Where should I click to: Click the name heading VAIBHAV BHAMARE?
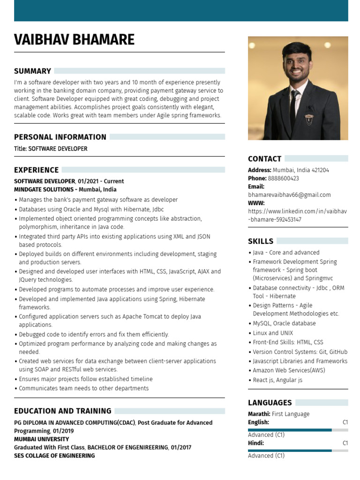coord(74,39)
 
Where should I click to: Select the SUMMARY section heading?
coord(32,71)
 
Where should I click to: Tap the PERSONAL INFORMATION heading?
coord(60,137)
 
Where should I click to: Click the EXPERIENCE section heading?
coord(36,170)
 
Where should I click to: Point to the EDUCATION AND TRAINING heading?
coord(62,411)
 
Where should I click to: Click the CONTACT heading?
coord(264,159)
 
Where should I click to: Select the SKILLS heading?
coord(260,241)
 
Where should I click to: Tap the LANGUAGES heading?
coord(270,403)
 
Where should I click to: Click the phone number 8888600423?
coord(283,179)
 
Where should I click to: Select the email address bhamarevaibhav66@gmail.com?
coord(289,195)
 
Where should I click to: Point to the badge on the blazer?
coord(309,120)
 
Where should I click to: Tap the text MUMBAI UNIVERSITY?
coord(41,439)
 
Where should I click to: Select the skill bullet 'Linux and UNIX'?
coord(273,333)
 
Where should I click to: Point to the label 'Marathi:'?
coord(259,414)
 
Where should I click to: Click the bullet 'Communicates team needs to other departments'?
coord(83,389)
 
